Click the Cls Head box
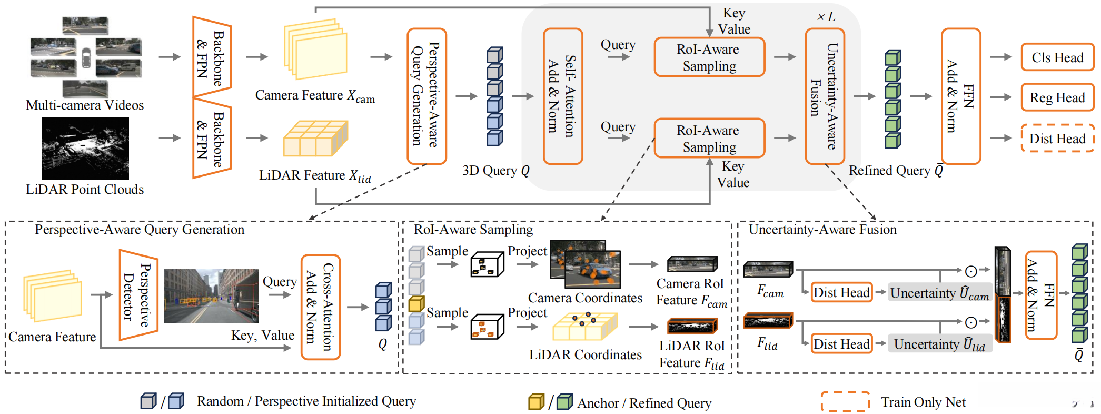click(1057, 57)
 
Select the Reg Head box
click(1057, 97)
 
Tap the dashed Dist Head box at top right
click(1057, 138)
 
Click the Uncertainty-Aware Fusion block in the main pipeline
click(825, 96)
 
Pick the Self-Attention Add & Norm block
click(562, 96)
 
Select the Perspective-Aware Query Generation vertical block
click(426, 96)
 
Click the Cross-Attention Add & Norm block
click(320, 307)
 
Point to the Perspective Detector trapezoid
click(138, 295)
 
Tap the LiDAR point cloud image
click(85, 149)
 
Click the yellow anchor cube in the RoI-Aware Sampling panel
click(416, 304)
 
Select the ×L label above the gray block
click(826, 17)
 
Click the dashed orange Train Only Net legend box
click(845, 401)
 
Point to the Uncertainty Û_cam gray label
click(939, 293)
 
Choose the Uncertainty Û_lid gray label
click(939, 344)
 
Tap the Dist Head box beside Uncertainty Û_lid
click(841, 344)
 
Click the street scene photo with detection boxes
click(212, 296)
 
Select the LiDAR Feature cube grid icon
click(315, 139)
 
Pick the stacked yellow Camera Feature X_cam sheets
click(315, 49)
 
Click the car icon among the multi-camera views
click(86, 57)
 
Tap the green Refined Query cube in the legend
click(564, 402)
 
